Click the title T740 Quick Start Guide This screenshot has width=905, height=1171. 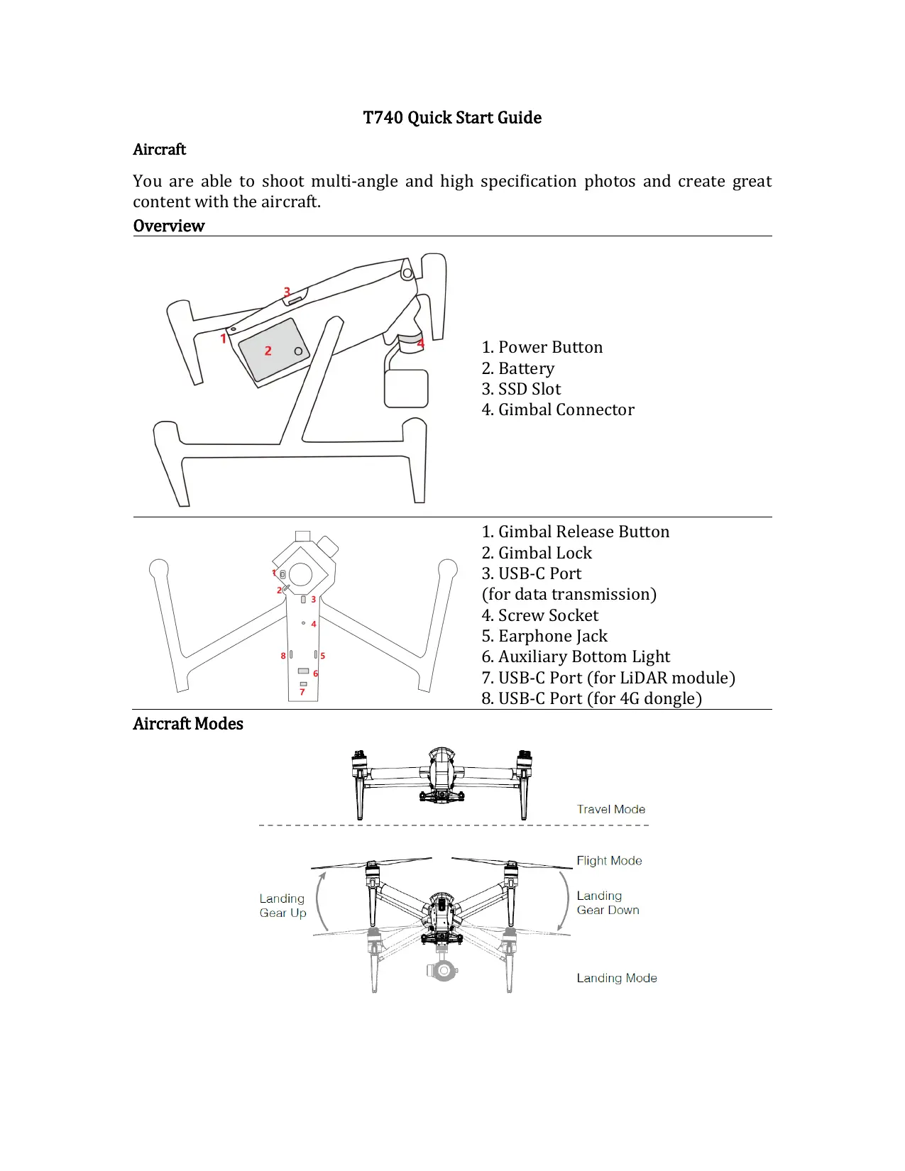point(452,118)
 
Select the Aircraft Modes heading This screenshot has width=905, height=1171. point(188,724)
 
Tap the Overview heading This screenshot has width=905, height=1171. point(169,226)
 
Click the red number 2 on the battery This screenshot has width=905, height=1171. point(268,351)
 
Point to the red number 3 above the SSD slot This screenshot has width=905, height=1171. point(287,292)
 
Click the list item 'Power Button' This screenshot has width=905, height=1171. point(542,347)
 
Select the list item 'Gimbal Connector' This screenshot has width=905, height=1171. point(558,409)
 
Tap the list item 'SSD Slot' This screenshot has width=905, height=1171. point(522,389)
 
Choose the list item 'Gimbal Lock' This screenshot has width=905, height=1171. point(537,553)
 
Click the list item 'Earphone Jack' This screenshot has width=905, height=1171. point(544,636)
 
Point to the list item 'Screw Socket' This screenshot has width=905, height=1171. point(540,615)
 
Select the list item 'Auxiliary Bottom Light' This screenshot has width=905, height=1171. point(576,656)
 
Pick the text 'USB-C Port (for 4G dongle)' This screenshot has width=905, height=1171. point(591,698)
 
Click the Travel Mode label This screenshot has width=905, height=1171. point(611,809)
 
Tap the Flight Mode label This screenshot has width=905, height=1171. point(609,861)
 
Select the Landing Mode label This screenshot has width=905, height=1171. point(617,978)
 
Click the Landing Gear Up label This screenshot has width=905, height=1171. point(283,906)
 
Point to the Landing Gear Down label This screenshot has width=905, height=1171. point(608,903)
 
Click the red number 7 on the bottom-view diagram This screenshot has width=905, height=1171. point(302,692)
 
